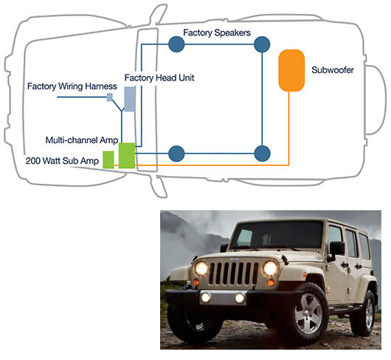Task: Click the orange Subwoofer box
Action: (x=291, y=71)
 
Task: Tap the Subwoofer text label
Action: (x=333, y=70)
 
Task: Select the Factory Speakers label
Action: (x=217, y=32)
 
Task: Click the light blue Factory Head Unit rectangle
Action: (x=130, y=99)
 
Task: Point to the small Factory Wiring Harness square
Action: (x=110, y=97)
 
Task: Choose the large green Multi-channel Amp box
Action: (x=127, y=156)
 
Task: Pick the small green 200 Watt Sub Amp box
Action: (x=108, y=160)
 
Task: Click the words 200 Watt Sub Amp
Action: (x=63, y=161)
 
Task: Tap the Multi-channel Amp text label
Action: (x=82, y=140)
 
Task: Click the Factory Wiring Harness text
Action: (x=72, y=86)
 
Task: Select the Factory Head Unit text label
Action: (x=159, y=77)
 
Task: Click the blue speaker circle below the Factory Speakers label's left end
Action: (x=176, y=44)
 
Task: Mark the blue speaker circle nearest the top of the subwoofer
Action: (x=262, y=44)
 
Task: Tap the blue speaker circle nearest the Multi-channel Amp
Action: (x=176, y=153)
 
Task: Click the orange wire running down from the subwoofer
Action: (x=288, y=128)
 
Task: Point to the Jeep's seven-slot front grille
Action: (x=233, y=273)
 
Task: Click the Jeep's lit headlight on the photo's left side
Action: (x=201, y=269)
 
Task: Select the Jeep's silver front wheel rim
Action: (x=308, y=314)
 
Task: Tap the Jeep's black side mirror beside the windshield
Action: (x=337, y=249)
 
